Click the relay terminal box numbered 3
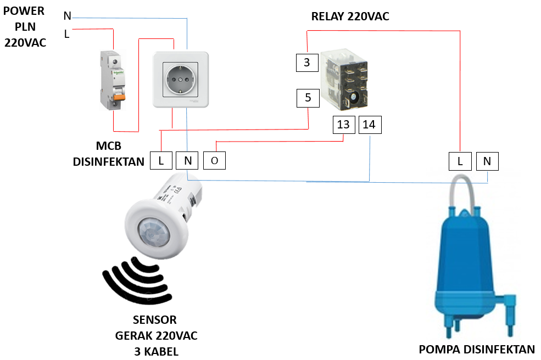(307, 63)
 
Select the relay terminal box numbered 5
(308, 98)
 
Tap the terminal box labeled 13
(343, 125)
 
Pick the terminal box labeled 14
(369, 125)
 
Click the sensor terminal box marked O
(214, 160)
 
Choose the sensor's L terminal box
(161, 160)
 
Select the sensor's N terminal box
(187, 160)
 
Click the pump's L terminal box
(460, 161)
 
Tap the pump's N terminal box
(487, 161)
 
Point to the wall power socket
(180, 81)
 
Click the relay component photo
(344, 80)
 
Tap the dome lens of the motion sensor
(152, 233)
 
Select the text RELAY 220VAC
(350, 16)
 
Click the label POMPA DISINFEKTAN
(476, 350)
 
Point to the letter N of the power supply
(67, 16)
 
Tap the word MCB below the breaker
(108, 147)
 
